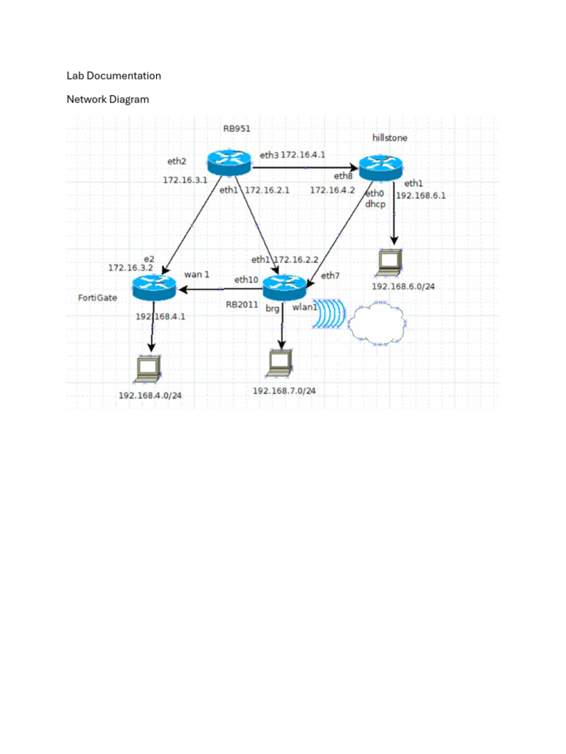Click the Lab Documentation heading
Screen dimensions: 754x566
[x=113, y=75]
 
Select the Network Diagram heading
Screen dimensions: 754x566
[x=108, y=99]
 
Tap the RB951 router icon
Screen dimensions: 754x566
[x=228, y=162]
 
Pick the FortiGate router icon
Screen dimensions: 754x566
[x=154, y=287]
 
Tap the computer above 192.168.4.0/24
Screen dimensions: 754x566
[x=150, y=370]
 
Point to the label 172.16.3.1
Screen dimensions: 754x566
[x=185, y=179]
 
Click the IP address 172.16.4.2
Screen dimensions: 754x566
[x=332, y=190]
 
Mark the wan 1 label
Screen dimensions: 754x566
[x=197, y=274]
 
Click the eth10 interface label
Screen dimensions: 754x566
[x=246, y=280]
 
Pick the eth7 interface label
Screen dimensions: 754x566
[x=330, y=276]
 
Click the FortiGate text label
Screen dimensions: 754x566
[x=98, y=298]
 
